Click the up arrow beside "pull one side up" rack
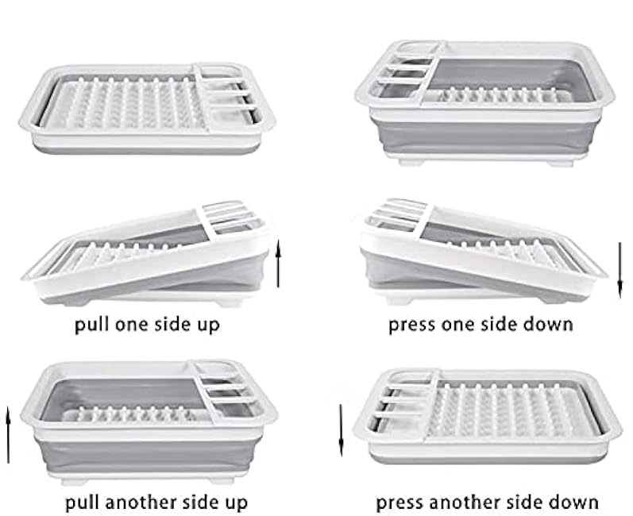click(278, 263)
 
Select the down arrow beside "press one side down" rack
click(620, 271)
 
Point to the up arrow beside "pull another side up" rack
click(8, 435)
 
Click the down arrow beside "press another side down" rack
click(342, 430)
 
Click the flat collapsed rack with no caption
click(148, 108)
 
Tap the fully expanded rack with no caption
click(484, 103)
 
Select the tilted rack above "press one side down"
click(484, 252)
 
